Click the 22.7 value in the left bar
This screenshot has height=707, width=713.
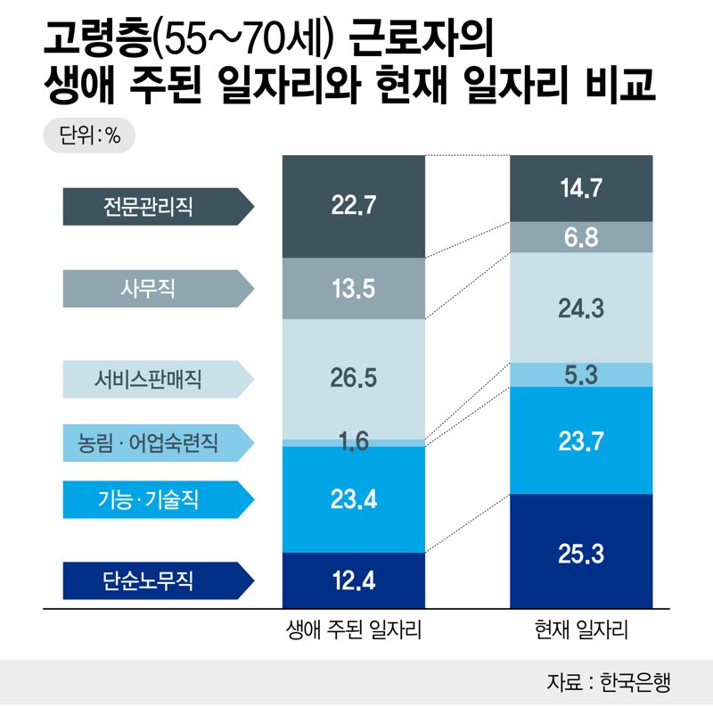coord(354,207)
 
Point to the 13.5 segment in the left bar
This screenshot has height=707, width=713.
coord(354,288)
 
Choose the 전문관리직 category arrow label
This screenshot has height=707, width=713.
coord(155,207)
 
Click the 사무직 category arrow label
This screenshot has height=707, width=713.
coord(155,288)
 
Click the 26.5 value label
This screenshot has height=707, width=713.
coord(354,378)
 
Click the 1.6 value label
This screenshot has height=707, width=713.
coord(354,442)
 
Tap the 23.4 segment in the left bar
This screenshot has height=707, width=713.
coord(354,499)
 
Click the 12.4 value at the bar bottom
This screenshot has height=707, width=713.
coord(354,582)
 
